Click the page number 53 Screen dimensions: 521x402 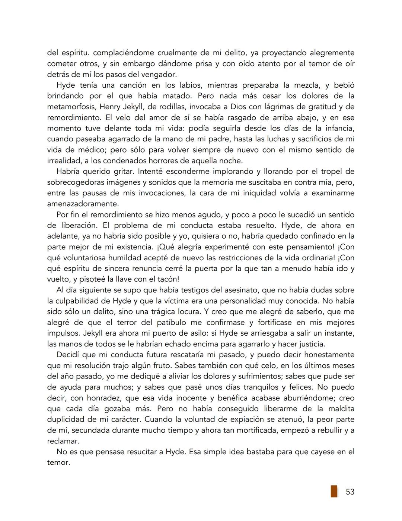pyautogui.click(x=350, y=492)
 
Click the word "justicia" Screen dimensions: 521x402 pyautogui.click(x=311, y=344)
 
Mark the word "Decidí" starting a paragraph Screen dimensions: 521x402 pyautogui.click(x=68, y=355)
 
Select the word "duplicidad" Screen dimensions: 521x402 pyautogui.click(x=65, y=420)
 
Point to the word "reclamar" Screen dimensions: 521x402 pyautogui.click(x=63, y=441)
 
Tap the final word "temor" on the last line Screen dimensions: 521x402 pyautogui.click(x=58, y=463)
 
